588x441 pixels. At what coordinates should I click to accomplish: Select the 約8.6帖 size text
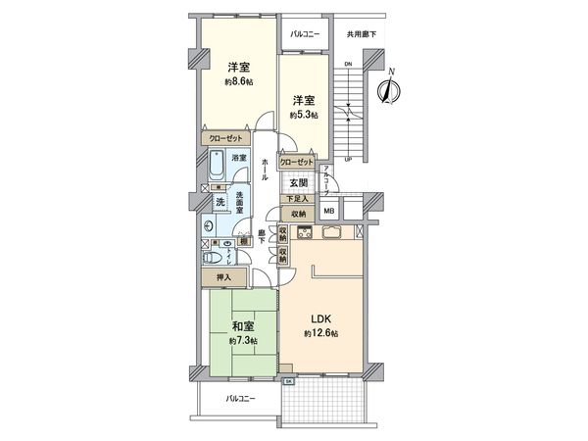[x=238, y=82]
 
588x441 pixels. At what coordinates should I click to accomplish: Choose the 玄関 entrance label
[x=299, y=182]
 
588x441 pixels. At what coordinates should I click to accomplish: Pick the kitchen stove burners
[x=303, y=233]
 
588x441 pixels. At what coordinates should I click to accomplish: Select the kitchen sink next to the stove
[x=330, y=233]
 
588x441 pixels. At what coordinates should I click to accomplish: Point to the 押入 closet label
[x=224, y=278]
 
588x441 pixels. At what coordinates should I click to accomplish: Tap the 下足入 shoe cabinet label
[x=297, y=199]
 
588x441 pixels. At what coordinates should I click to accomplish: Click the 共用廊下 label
[x=362, y=35]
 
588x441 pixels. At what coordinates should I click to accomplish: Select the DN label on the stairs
[x=348, y=65]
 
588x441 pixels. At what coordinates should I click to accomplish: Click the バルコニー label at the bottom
[x=240, y=399]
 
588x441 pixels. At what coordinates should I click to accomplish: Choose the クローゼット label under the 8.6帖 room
[x=226, y=140]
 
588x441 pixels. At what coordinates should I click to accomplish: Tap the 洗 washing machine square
[x=220, y=201]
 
